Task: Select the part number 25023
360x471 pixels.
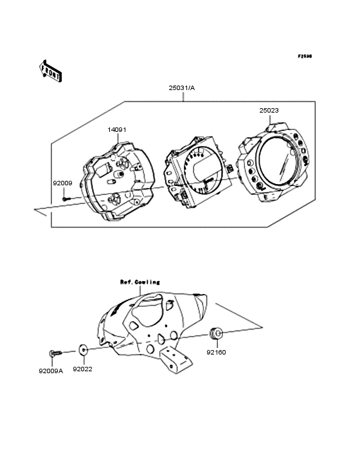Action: point(269,111)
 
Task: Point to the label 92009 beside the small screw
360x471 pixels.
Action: point(62,183)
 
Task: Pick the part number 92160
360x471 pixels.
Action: point(216,353)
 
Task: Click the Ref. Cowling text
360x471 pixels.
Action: point(140,282)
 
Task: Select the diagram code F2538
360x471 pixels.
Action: point(304,56)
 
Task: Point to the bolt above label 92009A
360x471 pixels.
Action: point(53,352)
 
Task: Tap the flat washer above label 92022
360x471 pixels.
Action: point(83,351)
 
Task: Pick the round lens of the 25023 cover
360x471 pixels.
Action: point(273,167)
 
